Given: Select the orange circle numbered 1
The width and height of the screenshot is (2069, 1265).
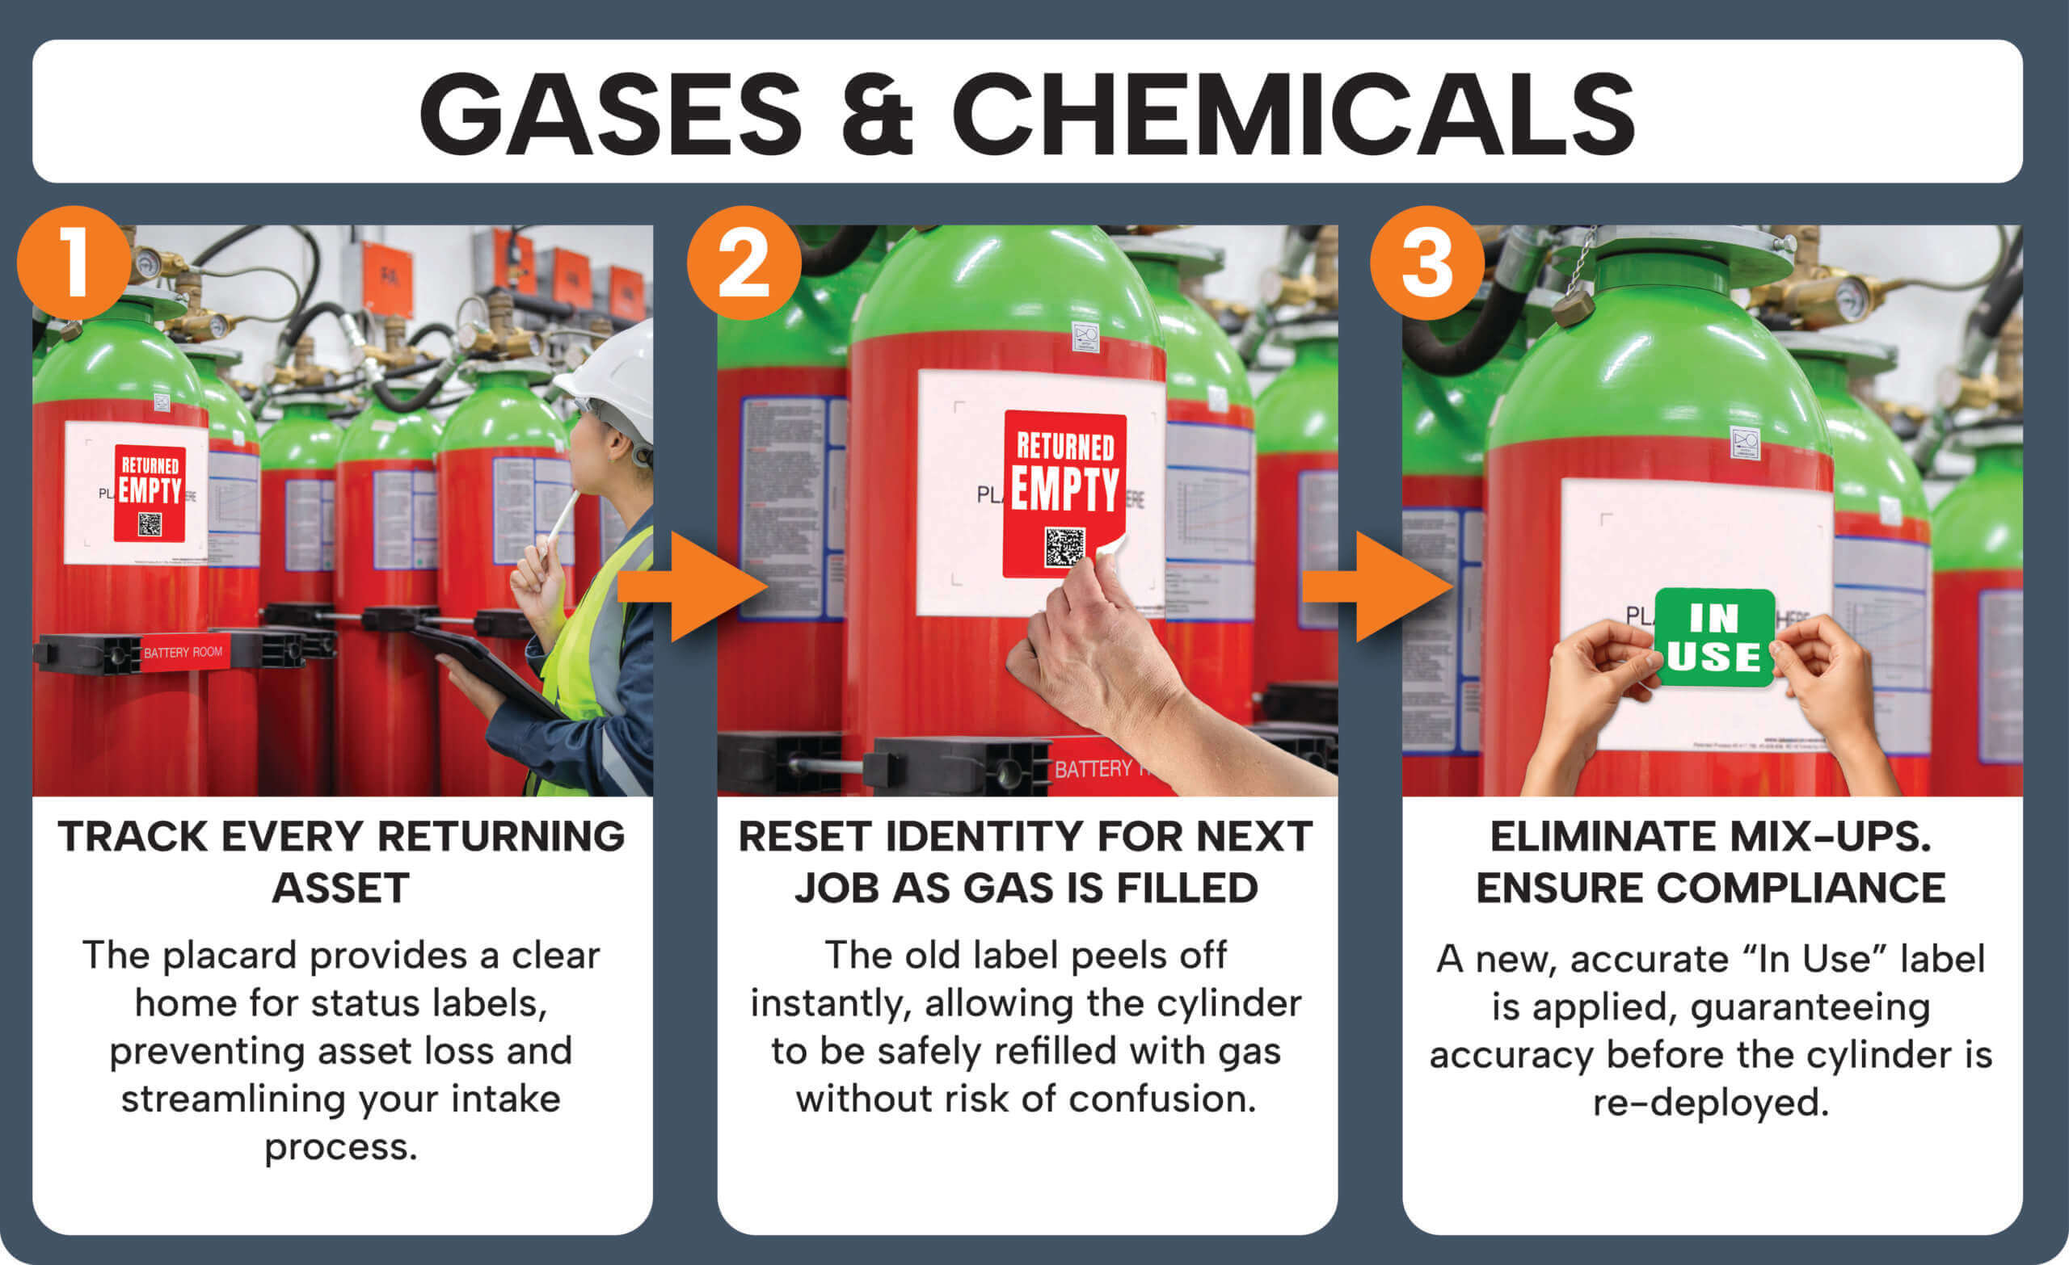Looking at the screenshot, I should click(74, 263).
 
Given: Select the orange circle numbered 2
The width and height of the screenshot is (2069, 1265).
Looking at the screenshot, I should click(744, 263).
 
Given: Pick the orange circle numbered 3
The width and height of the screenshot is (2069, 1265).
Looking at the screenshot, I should click(1427, 263).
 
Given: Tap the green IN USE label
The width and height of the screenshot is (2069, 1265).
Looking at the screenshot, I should click(1714, 638).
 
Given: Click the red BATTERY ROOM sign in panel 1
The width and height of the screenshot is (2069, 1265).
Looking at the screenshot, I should click(183, 652).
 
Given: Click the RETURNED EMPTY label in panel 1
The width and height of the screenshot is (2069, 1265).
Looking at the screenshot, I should click(150, 493).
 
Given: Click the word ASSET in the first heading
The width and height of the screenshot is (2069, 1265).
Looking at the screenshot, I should click(340, 888).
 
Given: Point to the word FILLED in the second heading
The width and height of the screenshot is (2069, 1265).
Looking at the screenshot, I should click(1186, 888).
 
